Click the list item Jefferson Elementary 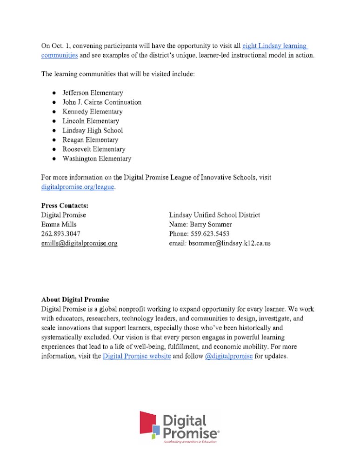[93, 93]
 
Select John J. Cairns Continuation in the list [102, 102]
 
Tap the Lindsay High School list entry [93, 131]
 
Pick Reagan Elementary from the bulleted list [90, 140]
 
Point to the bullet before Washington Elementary [54, 159]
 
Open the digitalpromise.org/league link [78, 187]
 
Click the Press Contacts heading [65, 206]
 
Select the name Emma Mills [59, 224]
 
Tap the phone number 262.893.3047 [60, 233]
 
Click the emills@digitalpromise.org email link [79, 243]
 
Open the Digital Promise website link [137, 357]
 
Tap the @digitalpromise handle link [229, 357]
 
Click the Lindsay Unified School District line [214, 215]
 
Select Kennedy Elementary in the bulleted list [93, 112]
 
